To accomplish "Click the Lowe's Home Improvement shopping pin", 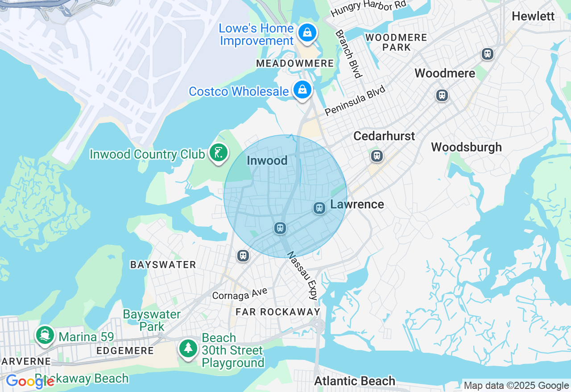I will (307, 33).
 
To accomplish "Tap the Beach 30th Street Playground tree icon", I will (188, 348).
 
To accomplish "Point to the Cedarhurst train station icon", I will (377, 155).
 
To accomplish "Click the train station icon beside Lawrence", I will (319, 208).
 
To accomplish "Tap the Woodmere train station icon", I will (442, 95).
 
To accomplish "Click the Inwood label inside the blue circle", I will (267, 160).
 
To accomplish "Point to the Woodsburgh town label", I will (466, 147).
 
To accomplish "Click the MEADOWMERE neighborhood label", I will (295, 64).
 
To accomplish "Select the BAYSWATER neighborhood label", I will (163, 265).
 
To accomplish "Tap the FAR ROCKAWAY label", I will (278, 311).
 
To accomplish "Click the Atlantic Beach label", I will (355, 381).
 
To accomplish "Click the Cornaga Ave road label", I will (240, 293).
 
